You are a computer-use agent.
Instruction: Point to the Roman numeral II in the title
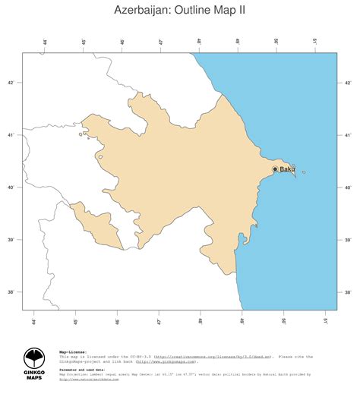click(x=240, y=11)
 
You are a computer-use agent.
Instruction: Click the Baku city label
click(x=287, y=169)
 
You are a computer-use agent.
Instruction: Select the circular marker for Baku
click(x=275, y=169)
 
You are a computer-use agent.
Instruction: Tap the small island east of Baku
click(x=303, y=172)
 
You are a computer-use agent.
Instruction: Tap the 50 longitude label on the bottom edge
click(x=284, y=321)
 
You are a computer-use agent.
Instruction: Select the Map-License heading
click(x=73, y=352)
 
